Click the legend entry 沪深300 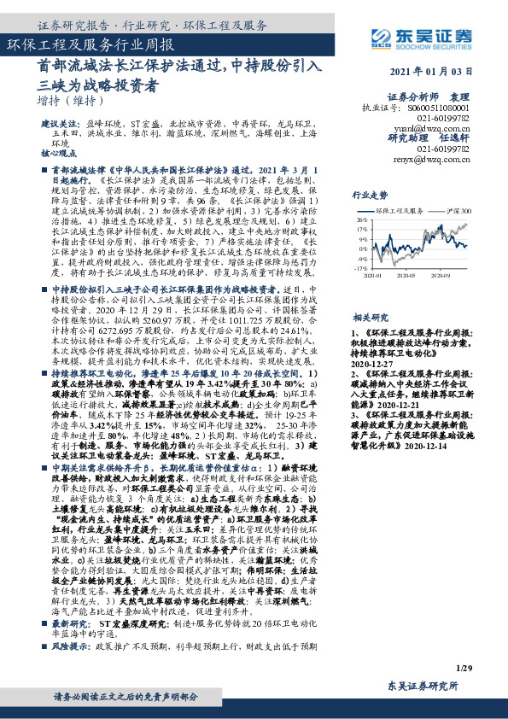[x=458, y=208]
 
